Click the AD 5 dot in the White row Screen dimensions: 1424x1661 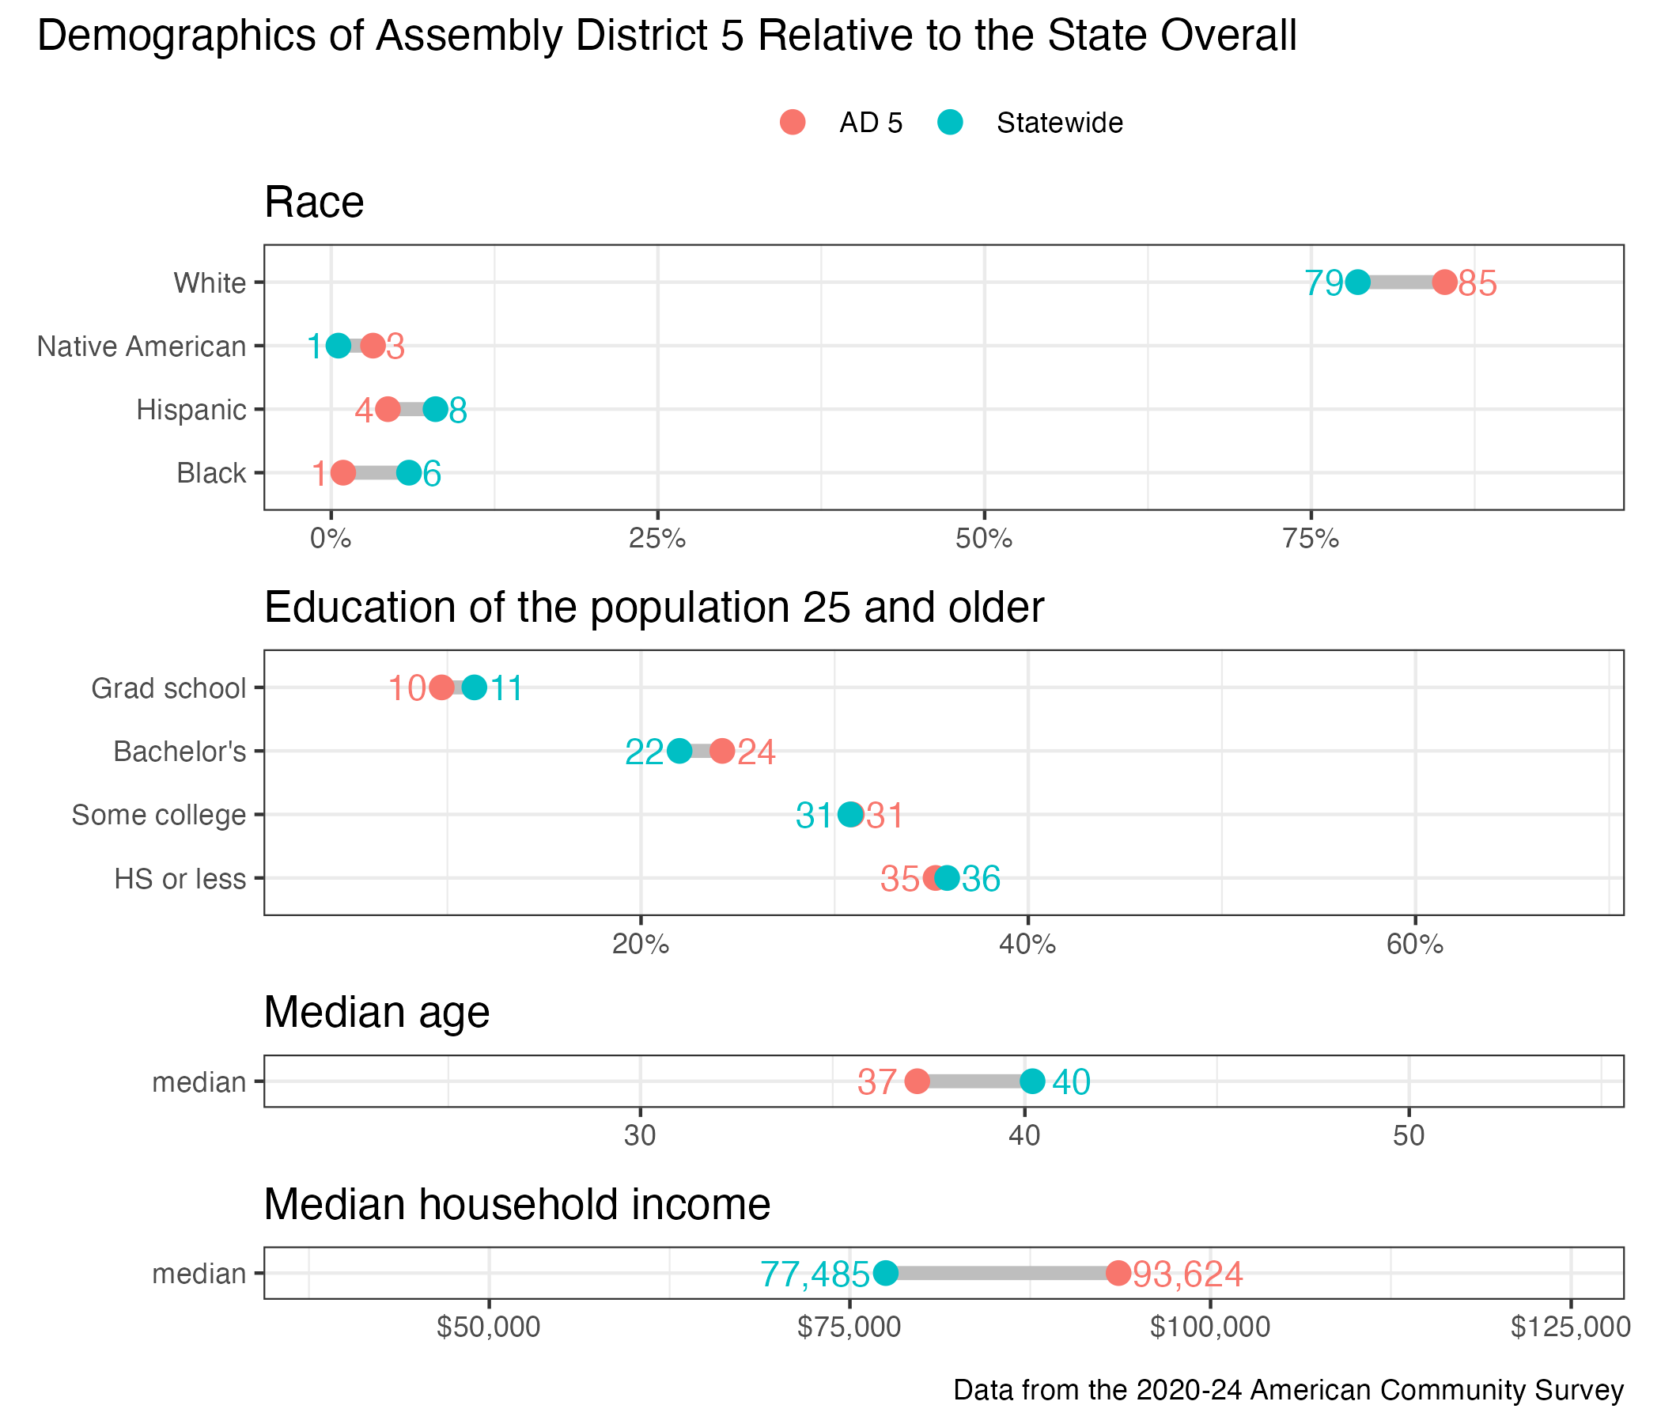[x=1443, y=282]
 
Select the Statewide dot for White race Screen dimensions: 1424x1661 [x=1357, y=282]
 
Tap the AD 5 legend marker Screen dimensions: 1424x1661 [x=792, y=123]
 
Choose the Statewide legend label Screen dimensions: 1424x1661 [x=1059, y=123]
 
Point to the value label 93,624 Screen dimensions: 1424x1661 [x=1187, y=1274]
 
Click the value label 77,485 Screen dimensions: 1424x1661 [x=815, y=1274]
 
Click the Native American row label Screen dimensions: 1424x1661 [x=142, y=347]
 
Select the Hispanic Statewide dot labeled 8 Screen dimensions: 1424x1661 [x=435, y=410]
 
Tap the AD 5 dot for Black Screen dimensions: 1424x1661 [x=343, y=473]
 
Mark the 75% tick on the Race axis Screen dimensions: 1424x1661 [x=1311, y=539]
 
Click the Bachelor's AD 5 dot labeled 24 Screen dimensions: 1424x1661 [x=722, y=752]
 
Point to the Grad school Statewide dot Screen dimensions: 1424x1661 [x=475, y=688]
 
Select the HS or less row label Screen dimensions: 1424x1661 [x=180, y=879]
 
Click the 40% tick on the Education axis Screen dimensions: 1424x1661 [x=1027, y=945]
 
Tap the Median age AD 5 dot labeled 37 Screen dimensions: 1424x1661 [x=917, y=1081]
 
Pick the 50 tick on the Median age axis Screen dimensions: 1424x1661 [x=1409, y=1136]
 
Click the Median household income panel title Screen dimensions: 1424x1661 [x=517, y=1204]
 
